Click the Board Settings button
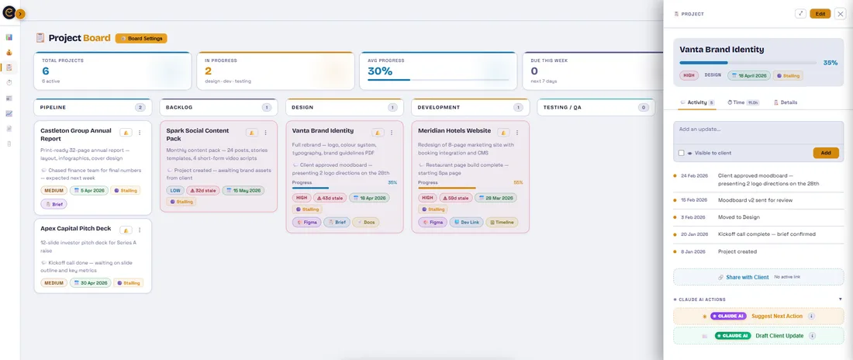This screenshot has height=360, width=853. (141, 38)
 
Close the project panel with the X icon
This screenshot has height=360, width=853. (840, 13)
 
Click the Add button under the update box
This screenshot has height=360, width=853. (825, 153)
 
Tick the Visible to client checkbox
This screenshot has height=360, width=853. (681, 153)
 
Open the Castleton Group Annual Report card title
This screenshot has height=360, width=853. (76, 134)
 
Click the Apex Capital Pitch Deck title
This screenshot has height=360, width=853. (76, 229)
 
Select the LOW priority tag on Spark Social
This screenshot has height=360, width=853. (176, 190)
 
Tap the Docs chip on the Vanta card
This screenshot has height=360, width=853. (366, 222)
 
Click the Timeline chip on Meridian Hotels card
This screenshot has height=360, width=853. (502, 222)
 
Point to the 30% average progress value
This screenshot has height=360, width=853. (380, 71)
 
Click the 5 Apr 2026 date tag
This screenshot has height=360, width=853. (88, 190)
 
